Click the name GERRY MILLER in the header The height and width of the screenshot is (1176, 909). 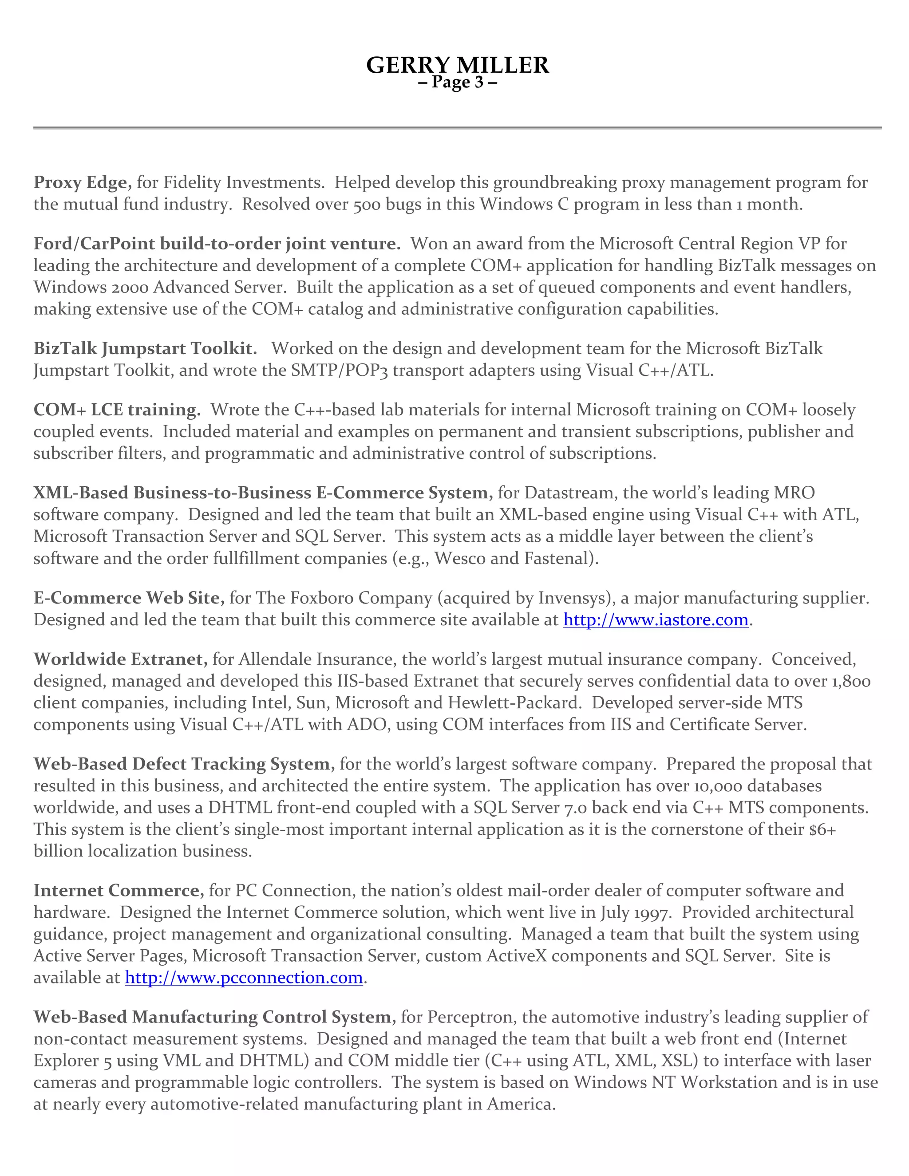click(x=457, y=65)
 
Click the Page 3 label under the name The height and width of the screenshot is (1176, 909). click(x=457, y=83)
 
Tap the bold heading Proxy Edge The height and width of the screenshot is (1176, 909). click(x=82, y=182)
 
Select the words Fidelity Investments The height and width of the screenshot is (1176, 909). click(x=243, y=182)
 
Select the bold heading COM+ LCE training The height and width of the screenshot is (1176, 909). click(x=117, y=410)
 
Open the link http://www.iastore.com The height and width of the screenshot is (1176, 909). click(x=656, y=620)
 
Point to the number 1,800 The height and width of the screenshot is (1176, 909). click(x=850, y=681)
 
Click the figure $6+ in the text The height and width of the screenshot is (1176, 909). click(x=822, y=829)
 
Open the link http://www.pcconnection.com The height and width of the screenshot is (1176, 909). click(x=243, y=978)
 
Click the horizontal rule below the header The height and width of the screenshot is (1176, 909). click(x=457, y=128)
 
